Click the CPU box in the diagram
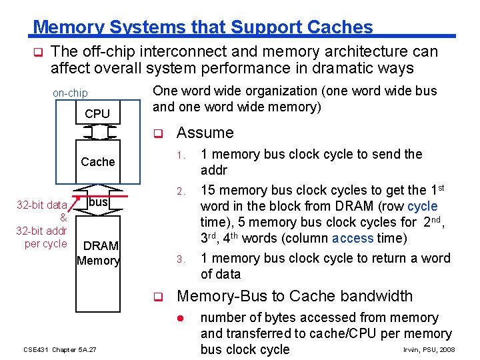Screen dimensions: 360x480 point(97,114)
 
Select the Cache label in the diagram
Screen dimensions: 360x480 point(98,162)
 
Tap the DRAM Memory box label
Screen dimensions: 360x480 point(98,253)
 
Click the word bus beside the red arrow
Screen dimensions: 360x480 point(99,201)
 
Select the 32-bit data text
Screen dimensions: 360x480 point(41,205)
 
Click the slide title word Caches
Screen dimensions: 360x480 point(340,27)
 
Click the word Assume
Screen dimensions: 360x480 point(205,133)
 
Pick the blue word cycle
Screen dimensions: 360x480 point(423,207)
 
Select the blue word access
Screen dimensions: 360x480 point(353,239)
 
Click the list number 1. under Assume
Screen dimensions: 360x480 point(180,155)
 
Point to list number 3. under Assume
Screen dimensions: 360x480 point(180,259)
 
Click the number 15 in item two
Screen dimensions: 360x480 point(207,191)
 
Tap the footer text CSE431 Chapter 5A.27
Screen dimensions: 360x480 point(60,349)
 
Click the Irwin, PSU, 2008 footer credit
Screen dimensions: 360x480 point(429,349)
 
